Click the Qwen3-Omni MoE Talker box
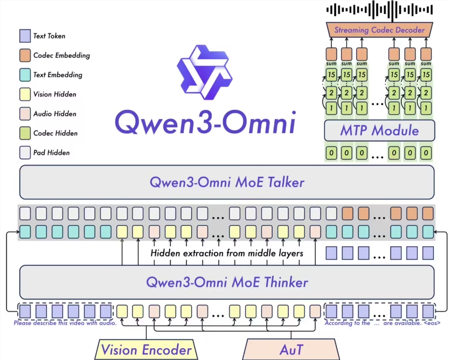(226, 182)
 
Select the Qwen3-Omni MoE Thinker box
(226, 282)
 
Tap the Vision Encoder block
(147, 350)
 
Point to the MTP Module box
(379, 130)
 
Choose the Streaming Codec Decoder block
(379, 30)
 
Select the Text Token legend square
(24, 36)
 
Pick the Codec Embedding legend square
(24, 56)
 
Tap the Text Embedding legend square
(24, 75)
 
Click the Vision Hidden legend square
(24, 94)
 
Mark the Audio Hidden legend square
(24, 114)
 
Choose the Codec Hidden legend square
(24, 133)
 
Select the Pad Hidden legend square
(24, 153)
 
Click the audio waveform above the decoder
(379, 9)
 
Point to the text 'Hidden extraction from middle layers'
(226, 253)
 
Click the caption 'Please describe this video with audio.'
(65, 323)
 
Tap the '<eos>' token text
(431, 323)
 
